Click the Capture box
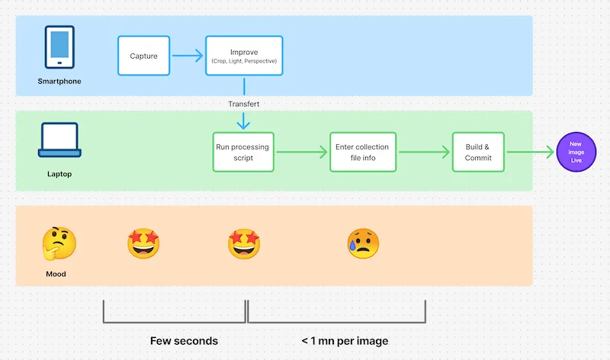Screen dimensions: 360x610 pyautogui.click(x=144, y=56)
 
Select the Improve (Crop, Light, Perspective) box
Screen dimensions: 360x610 pyautogui.click(x=244, y=56)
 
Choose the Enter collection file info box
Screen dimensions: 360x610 pyautogui.click(x=363, y=152)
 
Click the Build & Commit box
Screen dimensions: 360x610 pyautogui.click(x=478, y=152)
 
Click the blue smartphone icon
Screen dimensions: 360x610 pyautogui.click(x=59, y=48)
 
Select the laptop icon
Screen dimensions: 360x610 pyautogui.click(x=59, y=141)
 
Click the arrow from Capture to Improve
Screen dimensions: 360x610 pyautogui.click(x=188, y=56)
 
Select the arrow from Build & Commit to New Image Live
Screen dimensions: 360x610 pyautogui.click(x=531, y=152)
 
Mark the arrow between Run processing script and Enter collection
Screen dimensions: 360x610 pyautogui.click(x=303, y=152)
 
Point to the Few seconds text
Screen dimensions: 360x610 pyautogui.click(x=183, y=340)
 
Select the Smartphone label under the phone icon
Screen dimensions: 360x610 pyautogui.click(x=59, y=81)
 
